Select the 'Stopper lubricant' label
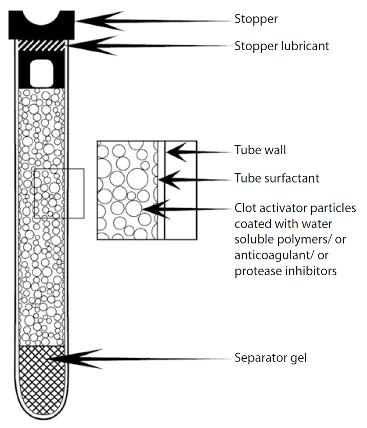[282, 46]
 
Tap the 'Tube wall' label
[260, 150]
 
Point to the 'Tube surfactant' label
[277, 178]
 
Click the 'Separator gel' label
[271, 357]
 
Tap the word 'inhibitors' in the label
[311, 271]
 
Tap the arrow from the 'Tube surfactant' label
[169, 179]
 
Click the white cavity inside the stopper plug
[42, 73]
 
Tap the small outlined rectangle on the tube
[59, 193]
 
